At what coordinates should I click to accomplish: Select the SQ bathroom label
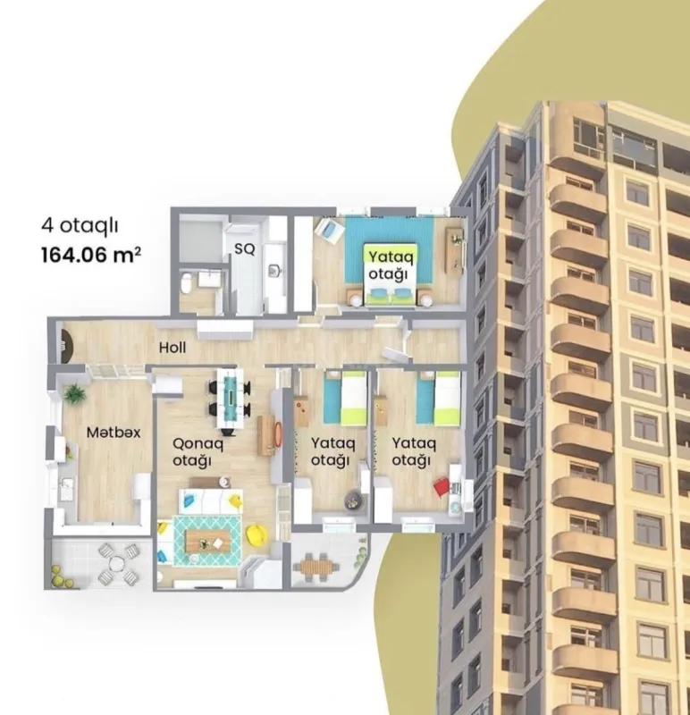244,250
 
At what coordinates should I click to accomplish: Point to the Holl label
172,347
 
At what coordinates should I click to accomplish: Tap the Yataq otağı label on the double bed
390,265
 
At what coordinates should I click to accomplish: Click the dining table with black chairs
231,392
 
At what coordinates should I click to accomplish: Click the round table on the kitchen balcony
115,561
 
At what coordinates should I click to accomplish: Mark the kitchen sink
65,487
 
